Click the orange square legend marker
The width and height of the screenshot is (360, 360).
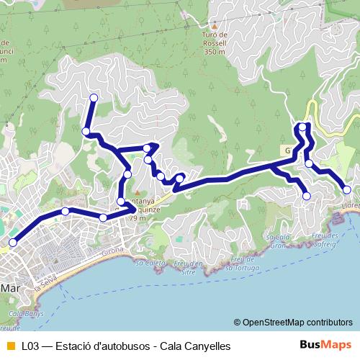[9, 346]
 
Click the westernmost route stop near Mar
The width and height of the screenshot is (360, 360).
[12, 243]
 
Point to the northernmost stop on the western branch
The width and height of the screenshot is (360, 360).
[93, 98]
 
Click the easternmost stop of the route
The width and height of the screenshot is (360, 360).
[347, 189]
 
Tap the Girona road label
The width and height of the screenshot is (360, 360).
[113, 250]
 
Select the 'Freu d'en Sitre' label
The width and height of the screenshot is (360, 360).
[189, 268]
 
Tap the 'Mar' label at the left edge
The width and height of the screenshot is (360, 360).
[9, 287]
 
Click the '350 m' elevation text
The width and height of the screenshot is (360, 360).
[215, 52]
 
